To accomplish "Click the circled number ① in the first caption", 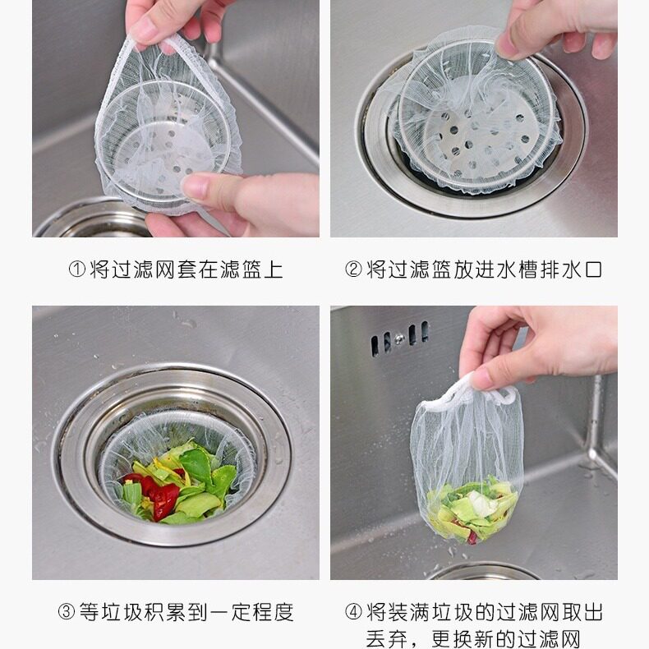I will (77, 269).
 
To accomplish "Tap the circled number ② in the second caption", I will (353, 269).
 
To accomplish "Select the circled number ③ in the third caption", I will (67, 612).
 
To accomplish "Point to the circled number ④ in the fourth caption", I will (353, 612).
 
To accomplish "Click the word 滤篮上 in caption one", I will (251, 269).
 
